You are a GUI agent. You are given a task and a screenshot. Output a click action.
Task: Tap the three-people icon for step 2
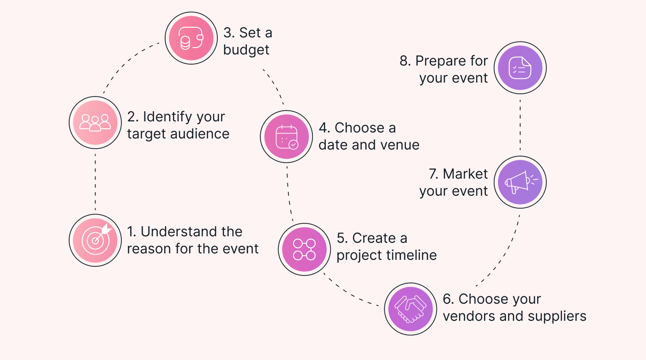[x=96, y=122]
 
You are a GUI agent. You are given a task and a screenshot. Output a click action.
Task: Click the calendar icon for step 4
[x=286, y=137]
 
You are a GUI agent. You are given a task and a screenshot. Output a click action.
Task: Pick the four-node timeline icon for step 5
[x=304, y=249]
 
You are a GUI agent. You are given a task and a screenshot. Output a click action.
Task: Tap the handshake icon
[x=411, y=309]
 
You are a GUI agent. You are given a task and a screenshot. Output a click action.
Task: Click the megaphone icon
[x=520, y=182]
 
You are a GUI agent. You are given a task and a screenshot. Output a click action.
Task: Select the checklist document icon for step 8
[x=520, y=68]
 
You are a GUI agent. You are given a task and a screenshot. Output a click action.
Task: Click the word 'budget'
[x=246, y=50]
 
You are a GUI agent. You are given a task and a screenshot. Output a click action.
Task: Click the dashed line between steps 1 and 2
[x=95, y=181]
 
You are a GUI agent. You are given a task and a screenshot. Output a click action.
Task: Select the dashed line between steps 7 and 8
[x=520, y=125]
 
